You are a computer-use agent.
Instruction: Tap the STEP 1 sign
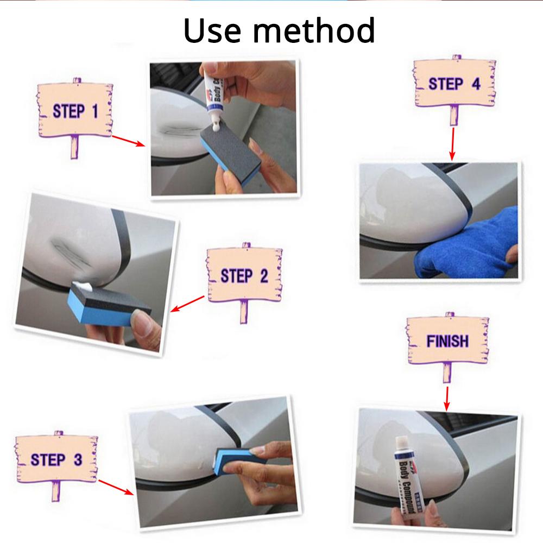[x=75, y=111]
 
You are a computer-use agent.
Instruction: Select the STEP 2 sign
[x=244, y=275]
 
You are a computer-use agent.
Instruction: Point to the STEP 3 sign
[x=56, y=459]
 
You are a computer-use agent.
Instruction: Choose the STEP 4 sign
[x=454, y=84]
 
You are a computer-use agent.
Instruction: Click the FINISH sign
[x=447, y=341]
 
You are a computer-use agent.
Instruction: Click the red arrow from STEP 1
[x=128, y=141]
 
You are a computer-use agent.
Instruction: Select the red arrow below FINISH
[x=446, y=398]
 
